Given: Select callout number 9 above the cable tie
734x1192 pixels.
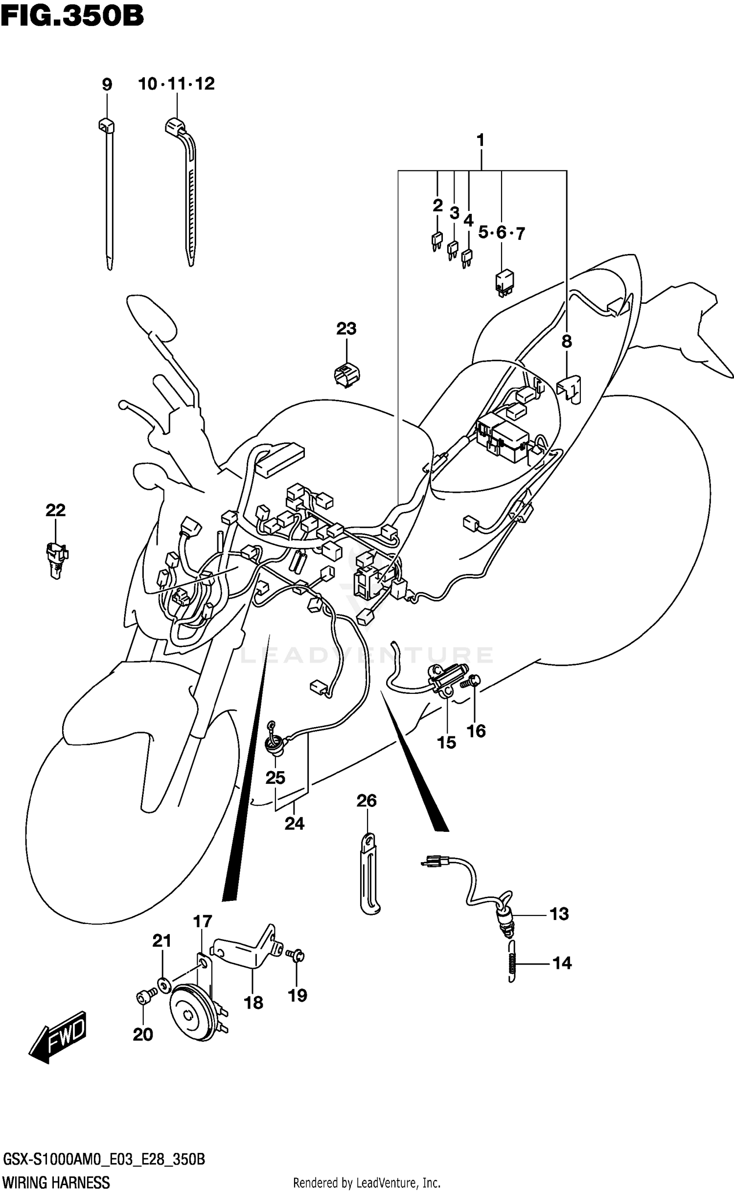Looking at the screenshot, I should click(107, 85).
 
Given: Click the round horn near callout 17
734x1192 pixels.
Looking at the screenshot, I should click(190, 1012).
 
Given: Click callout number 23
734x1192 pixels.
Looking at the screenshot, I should click(346, 328).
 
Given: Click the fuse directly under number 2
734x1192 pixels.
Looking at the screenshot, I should click(436, 241).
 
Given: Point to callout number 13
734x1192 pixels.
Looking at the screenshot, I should click(559, 914).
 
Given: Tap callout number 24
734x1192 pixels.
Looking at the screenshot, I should click(295, 824).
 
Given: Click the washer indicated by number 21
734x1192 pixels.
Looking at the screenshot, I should click(162, 982).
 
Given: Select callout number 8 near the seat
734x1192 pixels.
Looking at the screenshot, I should click(567, 342).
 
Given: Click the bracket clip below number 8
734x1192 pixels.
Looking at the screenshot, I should click(569, 389).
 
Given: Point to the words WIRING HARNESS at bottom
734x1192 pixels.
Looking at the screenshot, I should click(56, 1183).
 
